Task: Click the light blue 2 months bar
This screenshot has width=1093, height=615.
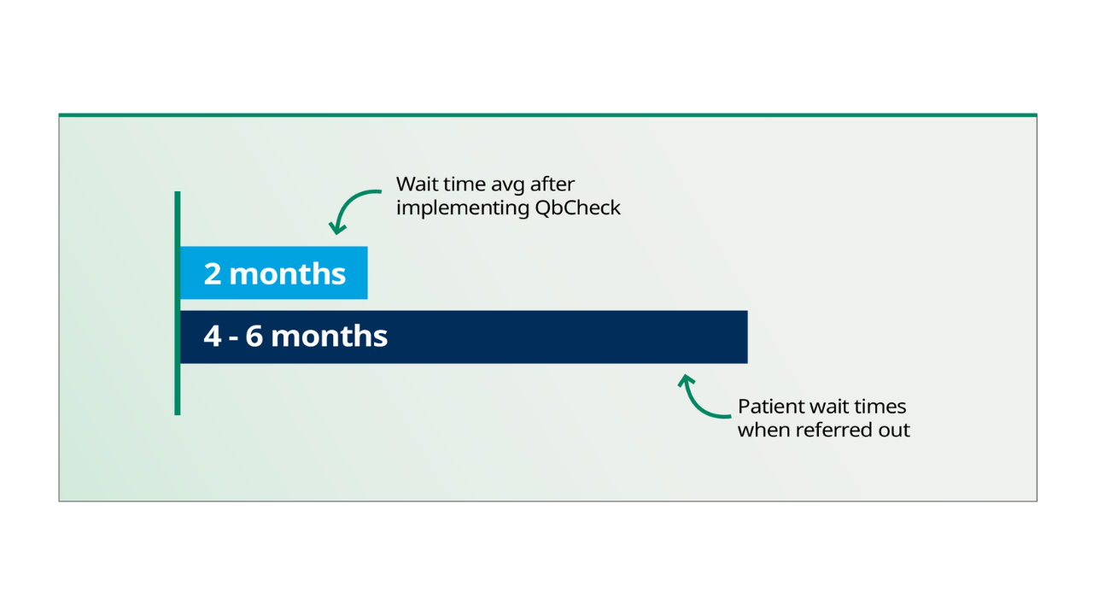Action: coord(273,273)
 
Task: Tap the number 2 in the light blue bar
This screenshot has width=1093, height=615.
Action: coord(213,273)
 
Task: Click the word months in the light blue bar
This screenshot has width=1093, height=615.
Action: coord(287,273)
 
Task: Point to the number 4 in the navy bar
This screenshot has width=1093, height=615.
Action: coord(212,336)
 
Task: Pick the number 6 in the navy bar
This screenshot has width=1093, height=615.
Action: coord(254,336)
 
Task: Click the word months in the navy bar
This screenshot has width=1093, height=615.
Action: coord(329,336)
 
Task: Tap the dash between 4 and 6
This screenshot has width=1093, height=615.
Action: coord(233,337)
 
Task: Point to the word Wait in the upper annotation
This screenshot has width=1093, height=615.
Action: coord(416,184)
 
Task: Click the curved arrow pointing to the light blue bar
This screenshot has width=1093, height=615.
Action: coord(350,205)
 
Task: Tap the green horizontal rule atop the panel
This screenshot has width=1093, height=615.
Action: coord(546,114)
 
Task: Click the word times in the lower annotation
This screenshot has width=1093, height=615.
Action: coord(883,407)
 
